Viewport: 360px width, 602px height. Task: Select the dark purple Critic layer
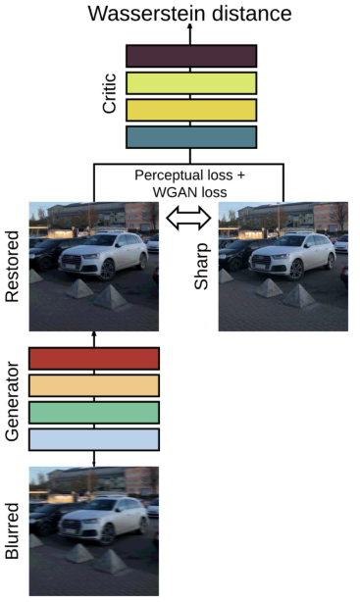point(191,55)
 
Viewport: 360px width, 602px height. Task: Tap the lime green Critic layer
point(191,82)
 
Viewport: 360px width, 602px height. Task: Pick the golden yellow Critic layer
point(191,109)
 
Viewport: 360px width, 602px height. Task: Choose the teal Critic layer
point(191,136)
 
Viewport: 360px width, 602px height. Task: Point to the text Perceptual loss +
point(189,175)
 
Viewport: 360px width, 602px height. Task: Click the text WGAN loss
point(189,192)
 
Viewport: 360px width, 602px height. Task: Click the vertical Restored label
point(13,267)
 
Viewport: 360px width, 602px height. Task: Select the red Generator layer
point(94,358)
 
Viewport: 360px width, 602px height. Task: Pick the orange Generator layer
point(94,385)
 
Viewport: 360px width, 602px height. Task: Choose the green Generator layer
point(94,412)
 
